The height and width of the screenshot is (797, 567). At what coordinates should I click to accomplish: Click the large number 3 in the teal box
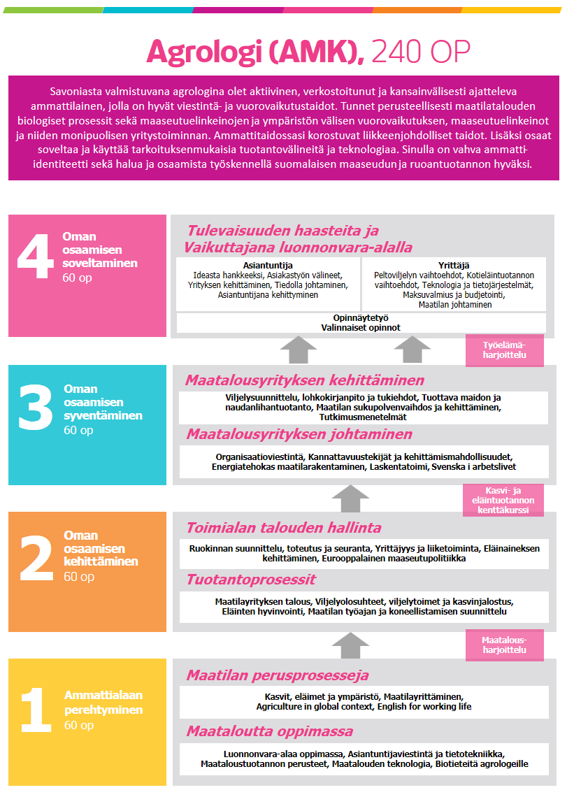(36, 408)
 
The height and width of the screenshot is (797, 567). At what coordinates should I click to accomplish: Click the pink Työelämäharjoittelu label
(504, 350)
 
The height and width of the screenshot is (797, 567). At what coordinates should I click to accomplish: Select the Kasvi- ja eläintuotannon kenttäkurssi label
(503, 500)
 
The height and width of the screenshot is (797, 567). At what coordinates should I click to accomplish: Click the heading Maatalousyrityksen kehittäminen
(304, 380)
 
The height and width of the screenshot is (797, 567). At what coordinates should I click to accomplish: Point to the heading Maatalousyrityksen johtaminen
(299, 434)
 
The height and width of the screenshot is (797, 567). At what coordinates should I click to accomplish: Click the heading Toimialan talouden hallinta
(283, 527)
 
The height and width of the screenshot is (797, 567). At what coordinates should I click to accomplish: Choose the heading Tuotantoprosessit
(251, 580)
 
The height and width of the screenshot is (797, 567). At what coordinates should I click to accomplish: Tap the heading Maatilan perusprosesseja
(277, 675)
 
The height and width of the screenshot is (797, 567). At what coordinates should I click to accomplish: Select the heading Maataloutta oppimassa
(269, 731)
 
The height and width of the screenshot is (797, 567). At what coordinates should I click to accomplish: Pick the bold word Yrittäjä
(453, 265)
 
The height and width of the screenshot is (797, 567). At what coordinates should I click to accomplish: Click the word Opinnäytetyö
(361, 317)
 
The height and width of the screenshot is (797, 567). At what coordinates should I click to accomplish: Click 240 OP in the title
(421, 52)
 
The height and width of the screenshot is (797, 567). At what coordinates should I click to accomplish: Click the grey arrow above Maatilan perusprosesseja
(350, 643)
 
